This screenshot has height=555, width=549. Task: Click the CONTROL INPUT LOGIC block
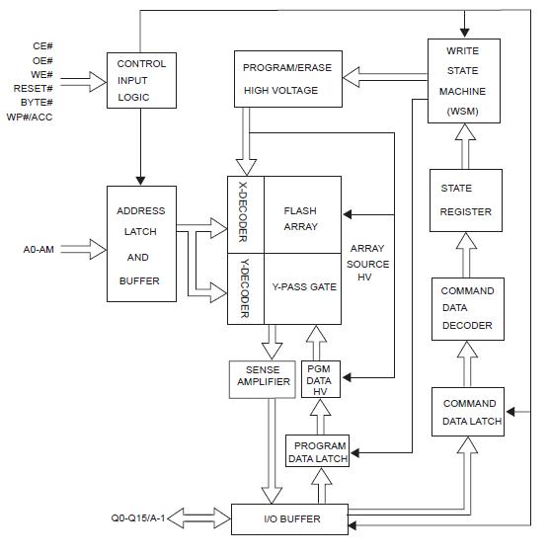point(141,79)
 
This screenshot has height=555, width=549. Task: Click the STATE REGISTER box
point(467,200)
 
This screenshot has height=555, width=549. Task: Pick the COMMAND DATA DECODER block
point(467,309)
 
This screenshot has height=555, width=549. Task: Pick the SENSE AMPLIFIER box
point(261,380)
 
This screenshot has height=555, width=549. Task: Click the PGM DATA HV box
point(320,380)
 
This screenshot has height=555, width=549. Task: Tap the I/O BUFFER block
point(290,518)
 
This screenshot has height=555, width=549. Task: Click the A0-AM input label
point(40,249)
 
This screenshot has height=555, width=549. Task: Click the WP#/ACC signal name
point(32,117)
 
